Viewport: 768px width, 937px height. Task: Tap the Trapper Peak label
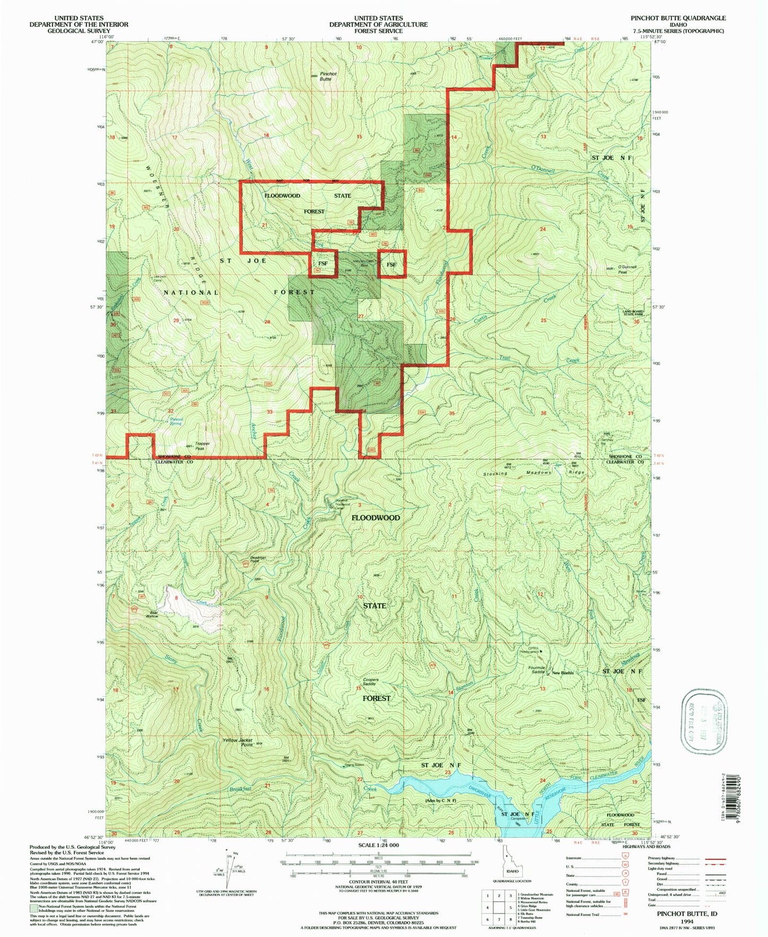[x=202, y=446]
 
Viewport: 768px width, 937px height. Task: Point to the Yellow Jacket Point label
[x=238, y=742]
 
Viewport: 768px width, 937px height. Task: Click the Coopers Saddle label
[x=370, y=682]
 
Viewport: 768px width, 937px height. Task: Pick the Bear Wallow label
[x=153, y=614]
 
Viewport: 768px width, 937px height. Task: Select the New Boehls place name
[x=563, y=673]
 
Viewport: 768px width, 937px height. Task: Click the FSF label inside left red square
[x=323, y=264]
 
